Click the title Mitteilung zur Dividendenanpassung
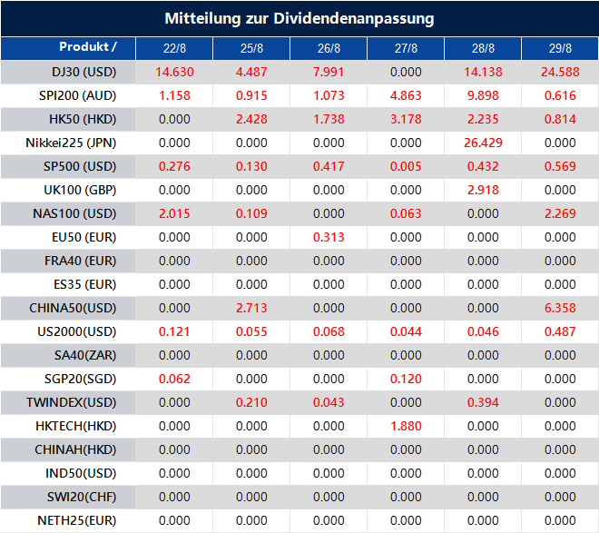click(x=299, y=18)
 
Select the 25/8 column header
click(x=251, y=48)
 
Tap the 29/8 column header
click(x=560, y=48)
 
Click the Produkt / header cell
click(x=88, y=46)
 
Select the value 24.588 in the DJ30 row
click(x=560, y=72)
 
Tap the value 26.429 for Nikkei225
click(x=483, y=143)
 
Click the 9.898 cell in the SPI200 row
click(x=483, y=95)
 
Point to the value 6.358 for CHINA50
click(x=560, y=308)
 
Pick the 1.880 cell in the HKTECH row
click(x=406, y=426)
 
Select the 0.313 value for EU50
click(x=329, y=237)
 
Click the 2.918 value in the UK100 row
click(x=483, y=190)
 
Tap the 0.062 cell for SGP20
click(x=174, y=379)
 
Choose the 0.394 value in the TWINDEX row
click(x=483, y=402)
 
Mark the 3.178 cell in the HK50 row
click(x=406, y=119)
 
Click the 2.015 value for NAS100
click(x=174, y=213)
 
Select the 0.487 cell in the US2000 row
click(x=560, y=331)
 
